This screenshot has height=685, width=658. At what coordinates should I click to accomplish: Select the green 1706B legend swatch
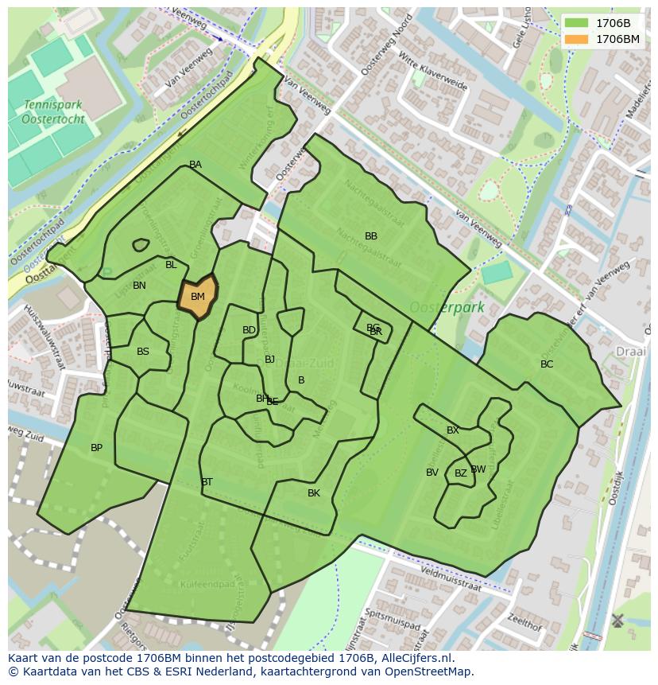[x=577, y=24]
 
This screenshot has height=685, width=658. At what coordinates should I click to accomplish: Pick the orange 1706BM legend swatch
[x=577, y=39]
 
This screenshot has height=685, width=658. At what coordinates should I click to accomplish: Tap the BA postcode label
[x=195, y=165]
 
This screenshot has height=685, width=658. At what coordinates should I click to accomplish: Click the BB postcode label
[x=371, y=236]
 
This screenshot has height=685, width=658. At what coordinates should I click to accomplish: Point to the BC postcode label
[x=547, y=364]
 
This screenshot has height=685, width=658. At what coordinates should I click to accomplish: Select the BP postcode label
[x=96, y=448]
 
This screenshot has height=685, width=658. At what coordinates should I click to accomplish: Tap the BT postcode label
[x=207, y=482]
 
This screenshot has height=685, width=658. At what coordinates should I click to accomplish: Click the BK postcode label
[x=314, y=493]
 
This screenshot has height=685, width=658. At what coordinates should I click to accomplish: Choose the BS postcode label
[x=143, y=352]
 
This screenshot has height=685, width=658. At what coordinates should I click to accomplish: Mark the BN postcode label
[x=139, y=286]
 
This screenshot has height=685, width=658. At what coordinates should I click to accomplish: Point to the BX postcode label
[x=453, y=430]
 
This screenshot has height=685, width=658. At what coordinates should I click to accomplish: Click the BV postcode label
[x=432, y=473]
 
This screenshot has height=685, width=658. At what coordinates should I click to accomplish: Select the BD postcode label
[x=249, y=330]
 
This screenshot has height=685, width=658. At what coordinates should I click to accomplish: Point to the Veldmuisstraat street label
[x=451, y=578]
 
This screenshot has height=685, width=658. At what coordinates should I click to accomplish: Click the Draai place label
[x=631, y=351]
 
